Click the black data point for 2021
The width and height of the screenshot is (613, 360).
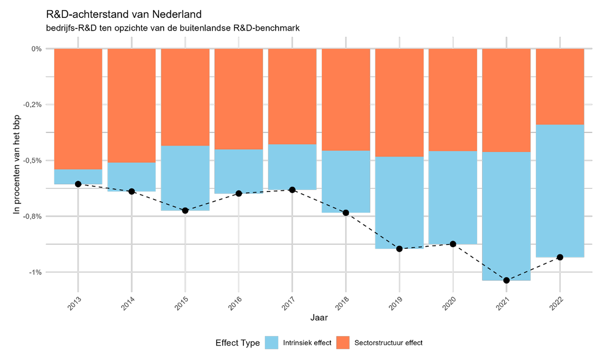tap(506, 280)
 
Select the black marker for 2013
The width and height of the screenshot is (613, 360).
tap(78, 184)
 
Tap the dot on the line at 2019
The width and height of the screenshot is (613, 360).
tap(399, 249)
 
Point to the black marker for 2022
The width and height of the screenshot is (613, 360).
tap(560, 257)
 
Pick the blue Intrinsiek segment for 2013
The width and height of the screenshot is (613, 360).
tap(78, 176)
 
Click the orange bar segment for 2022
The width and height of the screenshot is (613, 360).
tap(560, 86)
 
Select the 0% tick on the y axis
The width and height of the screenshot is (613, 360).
tap(36, 49)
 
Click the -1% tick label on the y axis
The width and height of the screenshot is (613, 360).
tap(35, 272)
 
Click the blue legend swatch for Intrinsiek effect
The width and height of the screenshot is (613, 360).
tap(271, 343)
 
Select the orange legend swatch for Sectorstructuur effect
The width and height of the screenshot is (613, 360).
tap(343, 343)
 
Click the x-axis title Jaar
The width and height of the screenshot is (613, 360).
tap(319, 318)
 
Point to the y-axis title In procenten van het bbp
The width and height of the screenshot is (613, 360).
tap(17, 164)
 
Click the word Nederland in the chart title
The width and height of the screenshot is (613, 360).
tap(177, 14)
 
